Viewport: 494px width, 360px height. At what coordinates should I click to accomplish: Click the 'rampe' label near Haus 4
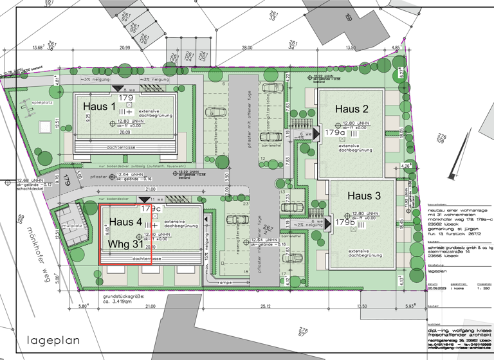pyautogui.click(x=223, y=282)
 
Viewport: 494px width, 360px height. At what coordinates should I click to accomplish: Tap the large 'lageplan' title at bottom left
pyautogui.click(x=51, y=339)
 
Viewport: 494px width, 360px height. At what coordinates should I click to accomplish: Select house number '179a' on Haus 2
pyautogui.click(x=334, y=132)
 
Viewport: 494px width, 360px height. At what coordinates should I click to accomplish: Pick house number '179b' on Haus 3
pyautogui.click(x=345, y=222)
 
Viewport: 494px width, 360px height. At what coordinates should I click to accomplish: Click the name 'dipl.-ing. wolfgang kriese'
pyautogui.click(x=457, y=328)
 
